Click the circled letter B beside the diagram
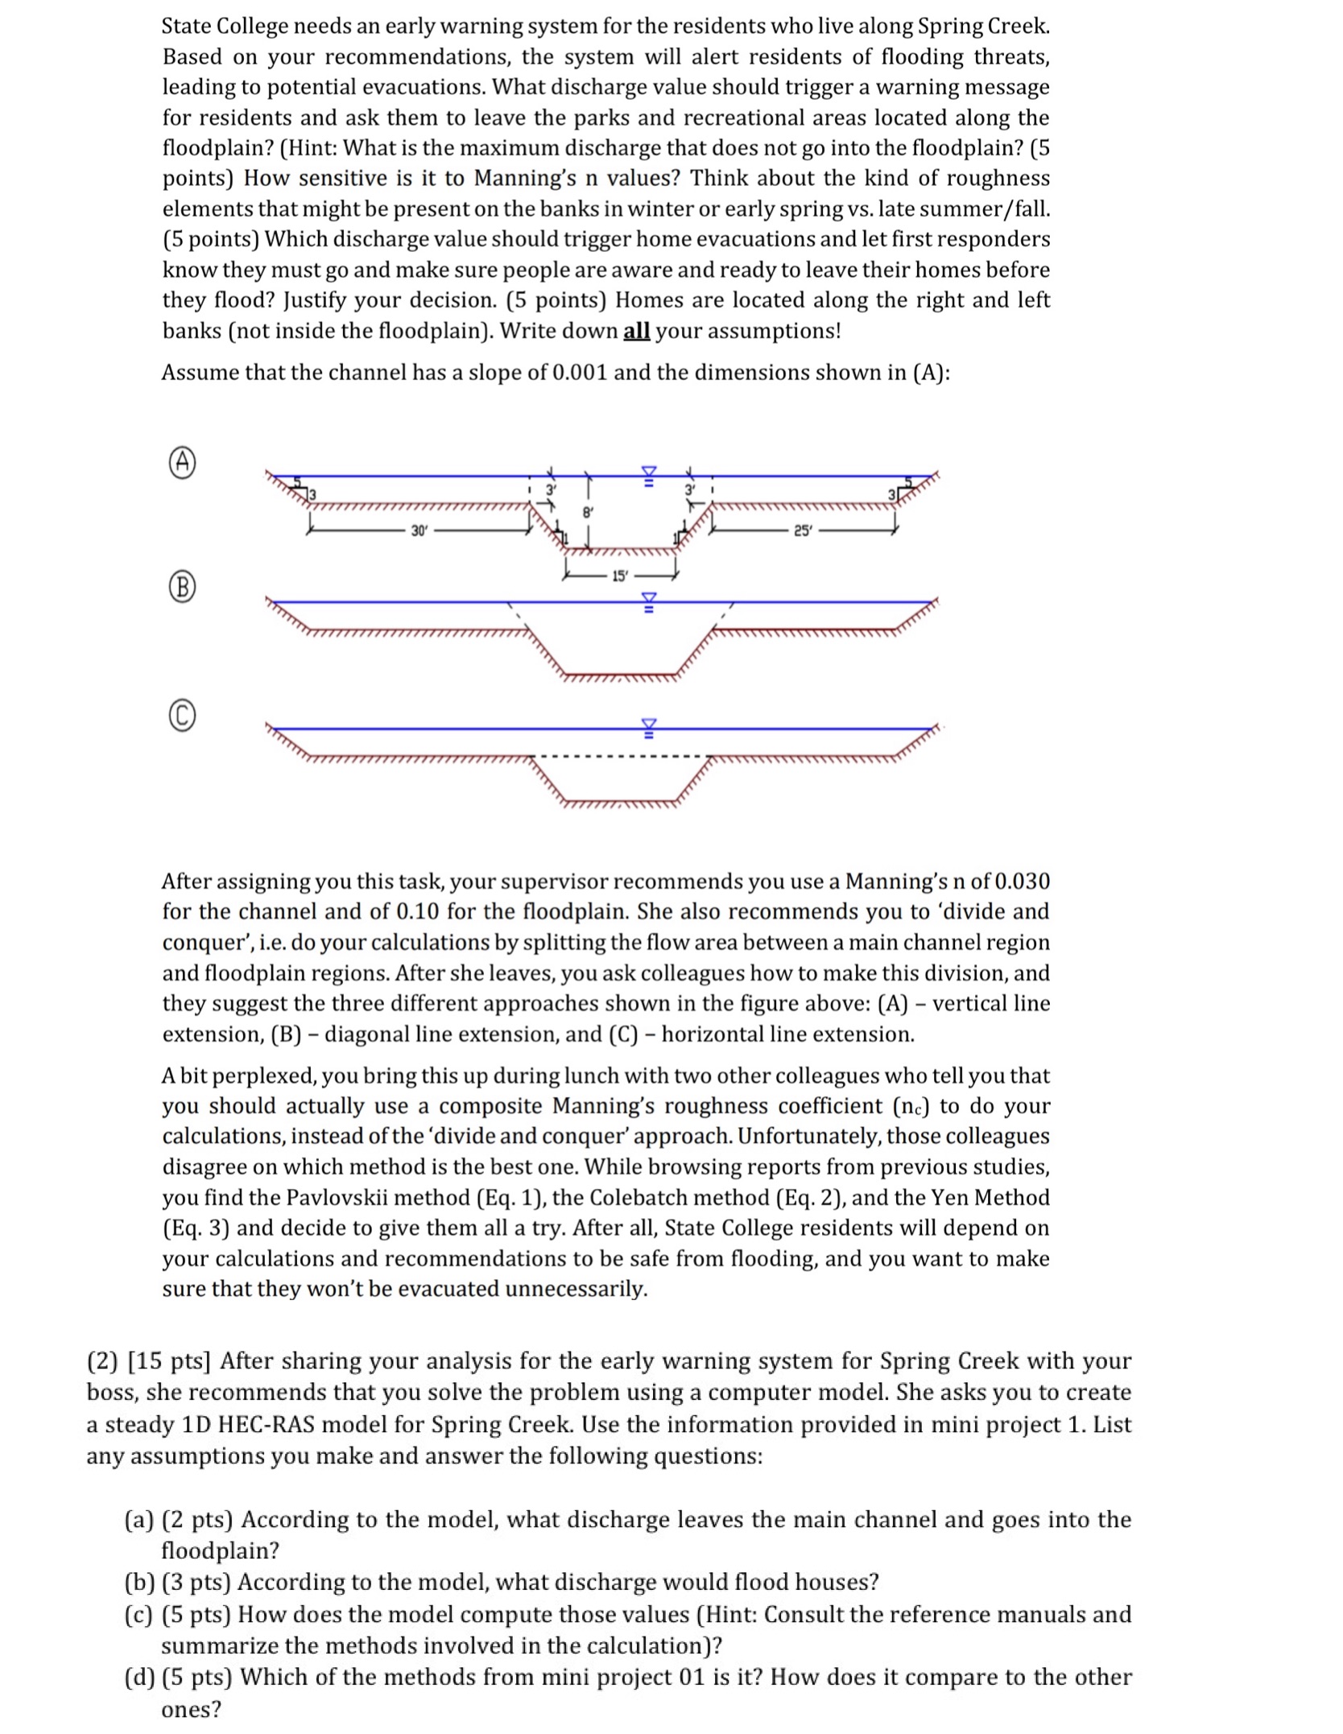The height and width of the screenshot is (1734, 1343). coord(183,588)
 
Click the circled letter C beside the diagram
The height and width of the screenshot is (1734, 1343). coord(183,716)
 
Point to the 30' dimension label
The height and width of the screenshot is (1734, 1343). coord(418,531)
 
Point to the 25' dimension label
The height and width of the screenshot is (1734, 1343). coord(802,531)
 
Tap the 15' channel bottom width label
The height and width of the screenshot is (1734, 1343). coord(619,576)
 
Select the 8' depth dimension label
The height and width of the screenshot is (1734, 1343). coord(588,511)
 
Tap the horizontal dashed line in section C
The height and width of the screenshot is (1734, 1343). coord(620,756)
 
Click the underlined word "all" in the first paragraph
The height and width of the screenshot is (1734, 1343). coord(636,331)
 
